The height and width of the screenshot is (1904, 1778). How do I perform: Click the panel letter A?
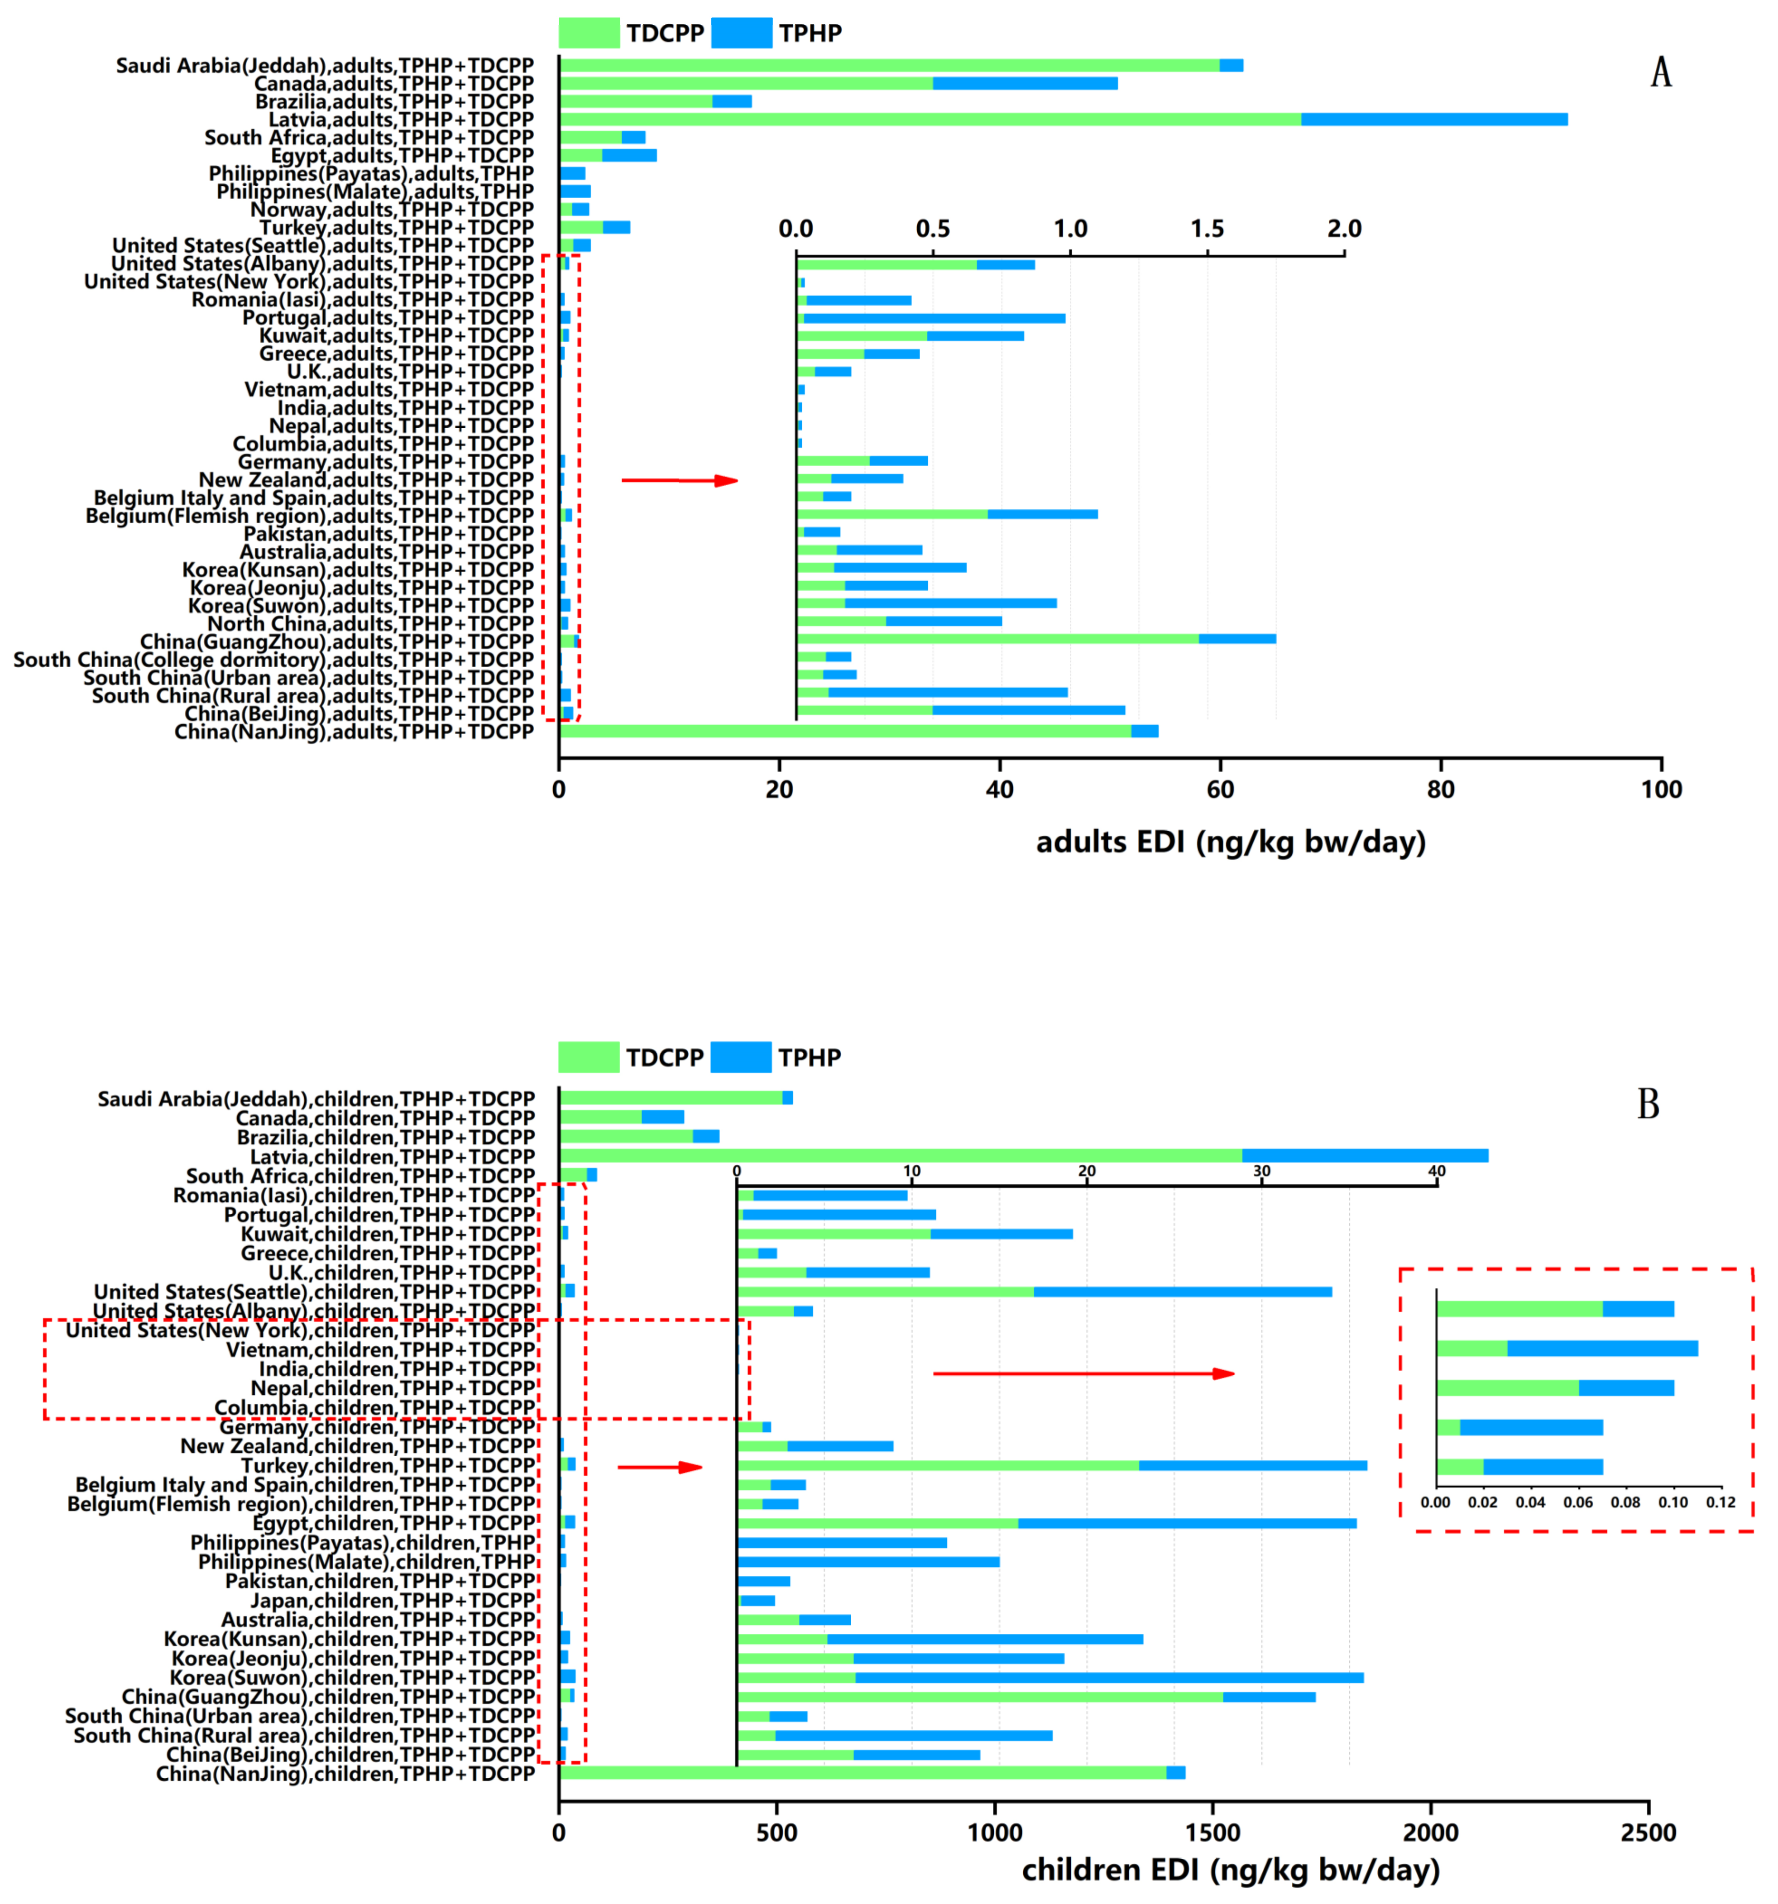pos(1660,73)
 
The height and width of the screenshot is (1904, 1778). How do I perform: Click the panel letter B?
pos(1648,1104)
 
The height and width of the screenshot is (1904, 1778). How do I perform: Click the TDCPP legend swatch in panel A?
pos(589,33)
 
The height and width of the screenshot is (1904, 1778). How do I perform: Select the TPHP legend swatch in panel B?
pos(742,1057)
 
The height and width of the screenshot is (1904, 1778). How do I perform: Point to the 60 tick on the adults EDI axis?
pos(1219,789)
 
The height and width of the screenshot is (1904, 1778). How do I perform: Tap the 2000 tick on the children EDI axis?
pos(1430,1832)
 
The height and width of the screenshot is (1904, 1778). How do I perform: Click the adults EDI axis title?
pos(1230,842)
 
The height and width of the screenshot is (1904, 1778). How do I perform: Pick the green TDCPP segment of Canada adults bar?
pos(745,83)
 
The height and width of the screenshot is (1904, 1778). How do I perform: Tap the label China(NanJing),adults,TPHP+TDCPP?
pos(354,732)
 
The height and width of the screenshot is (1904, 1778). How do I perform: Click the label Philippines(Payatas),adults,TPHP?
pos(371,173)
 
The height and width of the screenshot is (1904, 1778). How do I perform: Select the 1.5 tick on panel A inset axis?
pos(1207,229)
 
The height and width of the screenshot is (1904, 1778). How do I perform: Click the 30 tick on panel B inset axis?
pos(1262,1170)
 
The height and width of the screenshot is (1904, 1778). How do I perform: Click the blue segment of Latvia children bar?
pos(1365,1156)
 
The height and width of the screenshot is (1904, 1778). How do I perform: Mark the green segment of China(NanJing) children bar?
pos(862,1773)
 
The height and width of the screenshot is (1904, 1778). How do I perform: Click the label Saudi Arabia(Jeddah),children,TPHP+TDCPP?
pos(316,1099)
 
